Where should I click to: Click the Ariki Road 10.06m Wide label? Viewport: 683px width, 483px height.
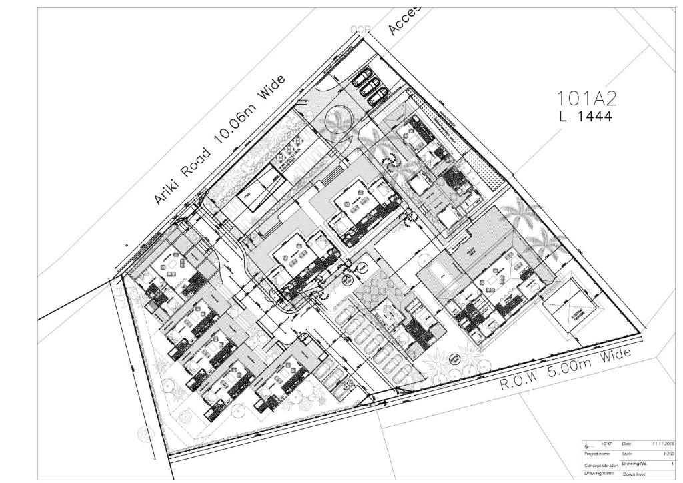point(219,140)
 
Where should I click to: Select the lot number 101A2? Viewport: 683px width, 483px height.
point(587,99)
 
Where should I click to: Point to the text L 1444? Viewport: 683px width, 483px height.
point(585,116)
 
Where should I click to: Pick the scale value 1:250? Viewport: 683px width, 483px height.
point(668,454)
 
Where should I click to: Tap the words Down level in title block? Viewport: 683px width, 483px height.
point(634,474)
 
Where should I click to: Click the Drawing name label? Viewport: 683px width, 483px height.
point(598,473)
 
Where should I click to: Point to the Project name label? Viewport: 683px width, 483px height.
point(597,454)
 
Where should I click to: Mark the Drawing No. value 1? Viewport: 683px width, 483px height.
point(672,463)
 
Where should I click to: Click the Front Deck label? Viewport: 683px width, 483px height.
point(471,252)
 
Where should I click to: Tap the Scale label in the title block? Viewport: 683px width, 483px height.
point(627,454)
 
